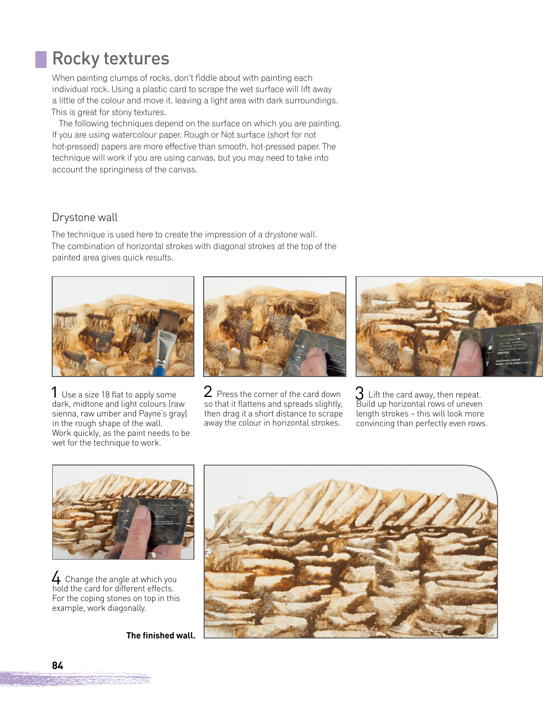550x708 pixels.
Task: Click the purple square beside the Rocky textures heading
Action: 41,59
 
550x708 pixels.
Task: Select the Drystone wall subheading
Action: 85,217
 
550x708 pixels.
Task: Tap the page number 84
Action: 57,665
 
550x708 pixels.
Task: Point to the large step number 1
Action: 54,392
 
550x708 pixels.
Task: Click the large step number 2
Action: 208,391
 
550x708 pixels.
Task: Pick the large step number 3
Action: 359,392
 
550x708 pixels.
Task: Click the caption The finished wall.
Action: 161,635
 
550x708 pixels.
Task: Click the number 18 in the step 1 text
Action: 105,394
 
